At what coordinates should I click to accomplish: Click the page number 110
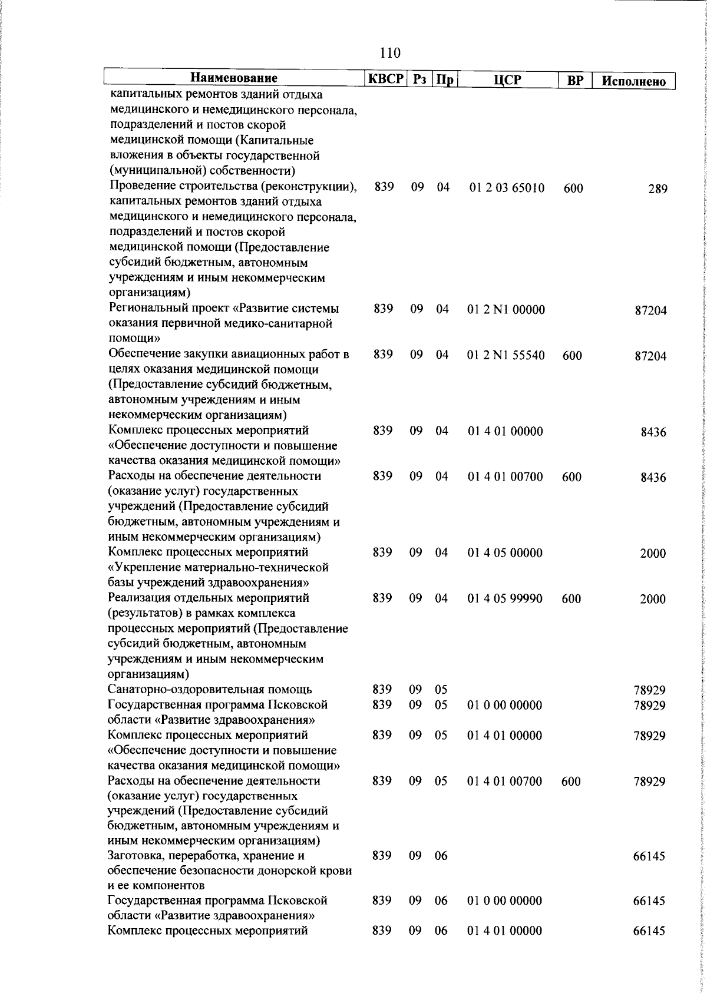pos(391,53)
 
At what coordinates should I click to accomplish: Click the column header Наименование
pos(233,78)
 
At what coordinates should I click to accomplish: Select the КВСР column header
pos(386,79)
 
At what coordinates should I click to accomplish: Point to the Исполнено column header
pos(634,81)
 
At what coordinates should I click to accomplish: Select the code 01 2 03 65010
pos(507,188)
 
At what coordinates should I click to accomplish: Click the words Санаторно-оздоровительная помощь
pos(210,689)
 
